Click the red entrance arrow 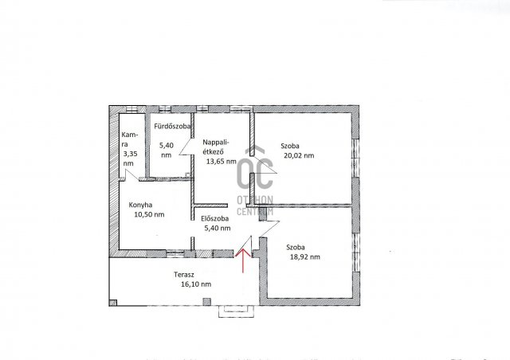(x=242, y=260)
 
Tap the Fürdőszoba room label (x=172, y=126)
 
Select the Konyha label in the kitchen (x=140, y=205)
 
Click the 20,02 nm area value (x=299, y=155)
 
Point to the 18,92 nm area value (x=304, y=257)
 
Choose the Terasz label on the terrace (x=184, y=275)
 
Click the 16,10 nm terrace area (x=196, y=284)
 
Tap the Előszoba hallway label (x=214, y=218)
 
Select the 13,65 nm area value (x=222, y=161)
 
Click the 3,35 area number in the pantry (x=130, y=154)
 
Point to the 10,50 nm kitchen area (x=149, y=214)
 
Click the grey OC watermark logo (x=255, y=169)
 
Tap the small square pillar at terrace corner (x=113, y=303)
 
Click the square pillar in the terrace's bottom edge (x=206, y=302)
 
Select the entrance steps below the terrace (x=236, y=311)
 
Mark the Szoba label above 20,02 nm (x=290, y=146)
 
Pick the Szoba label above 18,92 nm (x=296, y=248)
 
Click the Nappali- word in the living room (x=216, y=142)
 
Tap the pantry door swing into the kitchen (x=131, y=174)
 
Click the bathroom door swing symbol (x=186, y=147)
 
